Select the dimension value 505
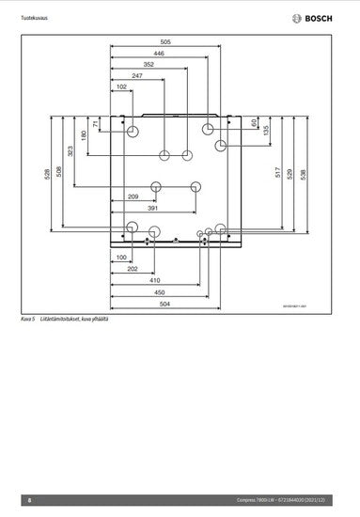tap(165, 42)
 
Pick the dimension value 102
tap(121, 86)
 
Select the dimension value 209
tap(133, 196)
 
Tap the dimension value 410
tap(154, 280)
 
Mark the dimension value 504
tap(164, 305)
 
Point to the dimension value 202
tap(133, 269)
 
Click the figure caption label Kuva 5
tap(26, 321)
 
